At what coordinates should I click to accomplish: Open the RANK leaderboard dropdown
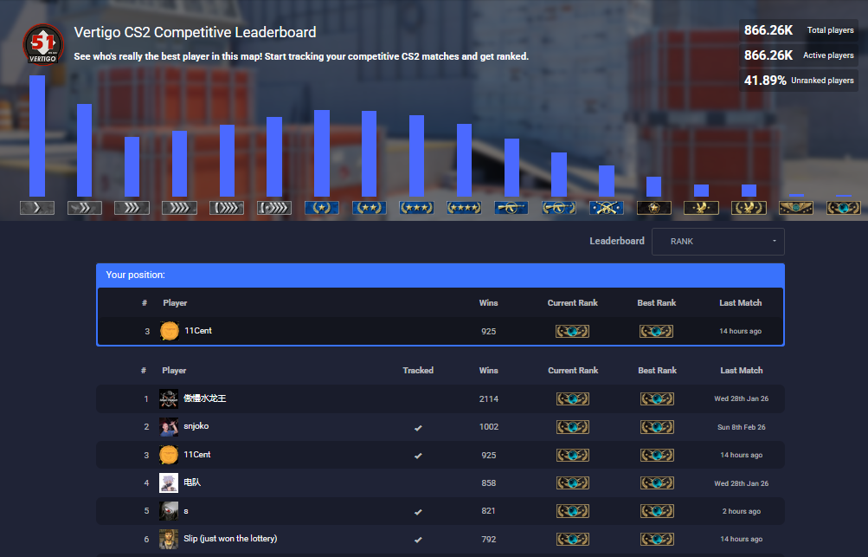tap(717, 242)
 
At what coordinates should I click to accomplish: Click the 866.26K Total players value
tap(768, 30)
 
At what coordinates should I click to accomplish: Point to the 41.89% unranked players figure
tap(765, 81)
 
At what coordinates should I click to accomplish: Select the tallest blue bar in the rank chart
tap(37, 136)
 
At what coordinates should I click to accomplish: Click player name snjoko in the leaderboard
tap(196, 426)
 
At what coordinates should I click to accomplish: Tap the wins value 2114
tap(489, 398)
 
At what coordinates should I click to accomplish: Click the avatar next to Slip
tap(169, 539)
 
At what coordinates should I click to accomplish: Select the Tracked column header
tap(418, 371)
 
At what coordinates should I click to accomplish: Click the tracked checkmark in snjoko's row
tap(418, 427)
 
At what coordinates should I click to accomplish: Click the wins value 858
tap(489, 483)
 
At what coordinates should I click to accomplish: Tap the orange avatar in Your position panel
tap(170, 331)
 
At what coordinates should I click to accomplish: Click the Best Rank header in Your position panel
tap(656, 303)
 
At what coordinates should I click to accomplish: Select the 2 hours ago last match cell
tap(742, 511)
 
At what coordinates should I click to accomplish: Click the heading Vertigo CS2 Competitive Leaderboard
tap(195, 33)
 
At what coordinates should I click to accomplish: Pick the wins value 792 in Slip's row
tap(489, 539)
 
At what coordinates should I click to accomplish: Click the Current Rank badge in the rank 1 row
tap(573, 398)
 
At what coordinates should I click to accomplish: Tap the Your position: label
tap(135, 275)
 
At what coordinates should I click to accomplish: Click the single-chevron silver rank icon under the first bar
tap(37, 208)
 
